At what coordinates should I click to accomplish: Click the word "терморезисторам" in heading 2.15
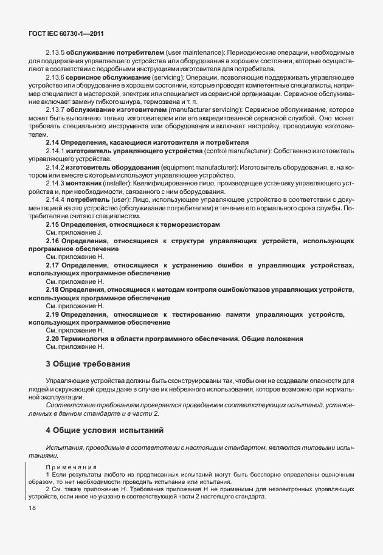coord(190,224)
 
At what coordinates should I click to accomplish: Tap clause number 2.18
coord(53,290)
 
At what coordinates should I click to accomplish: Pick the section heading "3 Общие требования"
coord(88,364)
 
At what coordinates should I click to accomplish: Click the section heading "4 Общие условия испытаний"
coord(105,430)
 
